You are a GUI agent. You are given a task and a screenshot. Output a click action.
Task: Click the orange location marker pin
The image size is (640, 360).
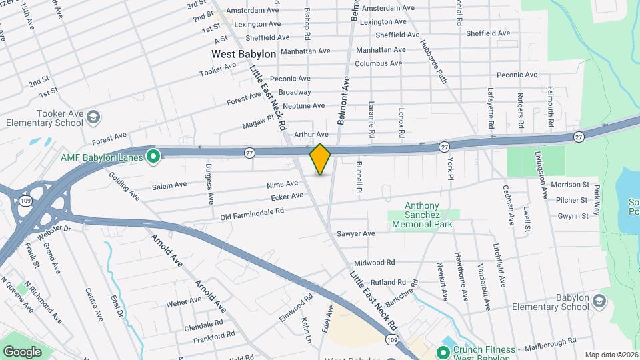click(321, 159)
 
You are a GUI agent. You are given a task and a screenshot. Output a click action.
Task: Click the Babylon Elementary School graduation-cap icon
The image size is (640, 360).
click(599, 301)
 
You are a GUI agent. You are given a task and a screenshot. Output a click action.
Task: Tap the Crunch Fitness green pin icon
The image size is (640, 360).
click(441, 351)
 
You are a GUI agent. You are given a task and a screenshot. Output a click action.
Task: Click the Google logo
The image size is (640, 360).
click(22, 351)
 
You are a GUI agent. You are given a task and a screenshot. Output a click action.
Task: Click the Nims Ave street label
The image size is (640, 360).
click(281, 183)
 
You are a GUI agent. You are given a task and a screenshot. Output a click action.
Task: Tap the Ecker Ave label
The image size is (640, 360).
click(287, 196)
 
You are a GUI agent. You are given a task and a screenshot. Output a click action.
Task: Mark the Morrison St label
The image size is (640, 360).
click(570, 184)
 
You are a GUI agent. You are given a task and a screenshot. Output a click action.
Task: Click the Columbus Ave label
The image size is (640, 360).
click(378, 63)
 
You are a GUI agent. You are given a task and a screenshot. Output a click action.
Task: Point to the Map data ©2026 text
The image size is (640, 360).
click(611, 355)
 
